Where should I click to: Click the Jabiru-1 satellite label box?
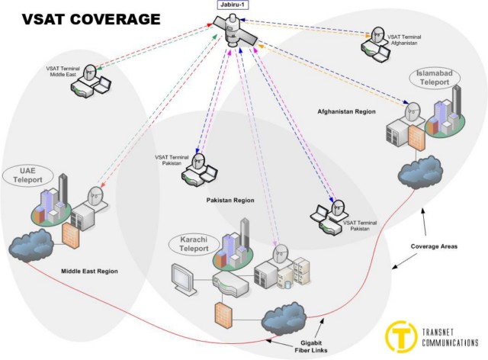tap(233, 5)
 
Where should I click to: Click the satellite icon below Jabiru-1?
tap(236, 31)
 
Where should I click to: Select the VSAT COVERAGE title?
tap(91, 19)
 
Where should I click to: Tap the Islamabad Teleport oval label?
tap(435, 78)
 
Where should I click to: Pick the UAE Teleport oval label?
tap(27, 175)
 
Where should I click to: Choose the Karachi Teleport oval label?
tap(194, 244)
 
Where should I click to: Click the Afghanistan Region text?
tap(346, 111)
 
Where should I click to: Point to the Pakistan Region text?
tap(230, 201)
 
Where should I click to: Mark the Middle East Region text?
tap(90, 272)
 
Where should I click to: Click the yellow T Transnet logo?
tap(400, 336)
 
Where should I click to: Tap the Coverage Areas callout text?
tap(434, 246)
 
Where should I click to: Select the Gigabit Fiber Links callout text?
tap(311, 346)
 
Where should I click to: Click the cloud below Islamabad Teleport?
tap(420, 172)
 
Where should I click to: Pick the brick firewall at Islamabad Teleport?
tap(416, 138)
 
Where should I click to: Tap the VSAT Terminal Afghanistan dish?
tap(377, 36)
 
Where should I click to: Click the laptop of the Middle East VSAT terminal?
tap(103, 85)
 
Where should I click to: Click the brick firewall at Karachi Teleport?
tap(223, 315)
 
